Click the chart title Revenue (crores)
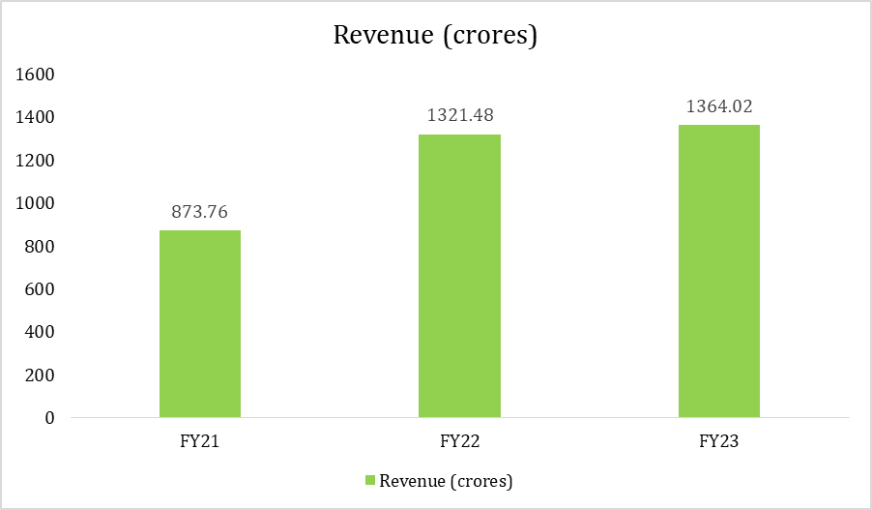(x=435, y=35)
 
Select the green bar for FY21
(x=200, y=324)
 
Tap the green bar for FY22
(x=459, y=276)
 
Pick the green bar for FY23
(x=718, y=271)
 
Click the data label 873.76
(x=200, y=212)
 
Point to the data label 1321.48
(x=459, y=116)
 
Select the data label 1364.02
(x=718, y=106)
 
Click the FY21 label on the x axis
(x=200, y=441)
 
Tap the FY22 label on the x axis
(x=459, y=441)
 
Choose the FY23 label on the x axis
(x=718, y=441)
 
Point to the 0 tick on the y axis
(x=48, y=418)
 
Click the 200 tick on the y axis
(x=41, y=375)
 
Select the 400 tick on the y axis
(x=41, y=332)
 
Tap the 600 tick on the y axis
(x=41, y=289)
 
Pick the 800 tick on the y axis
(x=41, y=247)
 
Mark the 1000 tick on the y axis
(x=37, y=203)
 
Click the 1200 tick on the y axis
(x=37, y=161)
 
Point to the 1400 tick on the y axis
(x=37, y=117)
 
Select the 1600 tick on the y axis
(x=37, y=75)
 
